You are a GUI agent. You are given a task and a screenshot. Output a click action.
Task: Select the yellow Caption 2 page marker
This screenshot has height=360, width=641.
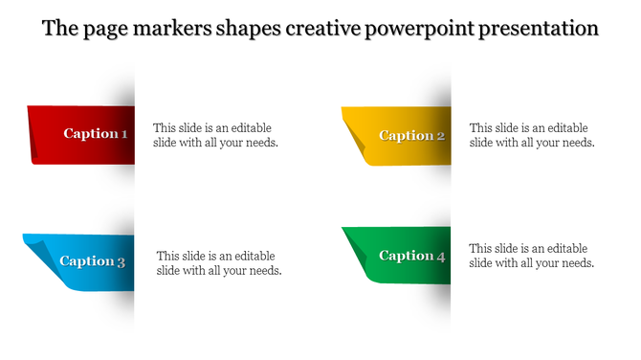coord(397,135)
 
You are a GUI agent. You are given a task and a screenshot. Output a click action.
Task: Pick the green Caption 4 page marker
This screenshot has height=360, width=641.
coord(397,255)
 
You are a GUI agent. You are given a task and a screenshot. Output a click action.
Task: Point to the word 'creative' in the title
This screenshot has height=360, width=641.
coord(324,29)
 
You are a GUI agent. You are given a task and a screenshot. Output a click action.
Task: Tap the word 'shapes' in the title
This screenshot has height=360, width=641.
coord(248,29)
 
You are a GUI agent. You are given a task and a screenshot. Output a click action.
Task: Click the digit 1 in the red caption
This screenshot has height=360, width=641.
coord(124,134)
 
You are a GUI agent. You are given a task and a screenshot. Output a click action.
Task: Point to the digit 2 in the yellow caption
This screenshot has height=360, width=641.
coord(441,136)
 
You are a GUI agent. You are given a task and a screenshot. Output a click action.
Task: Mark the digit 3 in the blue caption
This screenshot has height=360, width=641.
coord(121,261)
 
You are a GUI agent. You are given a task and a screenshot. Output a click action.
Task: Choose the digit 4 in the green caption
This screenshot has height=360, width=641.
coord(441,257)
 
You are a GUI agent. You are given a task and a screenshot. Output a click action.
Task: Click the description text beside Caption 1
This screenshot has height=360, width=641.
coord(215,135)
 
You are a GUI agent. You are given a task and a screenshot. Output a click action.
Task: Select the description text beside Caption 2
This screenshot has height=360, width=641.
coord(532,135)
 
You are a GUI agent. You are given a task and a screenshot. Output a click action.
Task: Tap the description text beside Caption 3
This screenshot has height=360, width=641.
coord(219,262)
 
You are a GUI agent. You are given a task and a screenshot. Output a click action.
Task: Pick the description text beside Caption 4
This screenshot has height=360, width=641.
coord(532,255)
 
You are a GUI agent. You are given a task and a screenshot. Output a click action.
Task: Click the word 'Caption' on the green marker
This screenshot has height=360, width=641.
coord(406,256)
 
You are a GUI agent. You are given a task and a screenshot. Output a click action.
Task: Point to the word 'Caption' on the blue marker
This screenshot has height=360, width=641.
coord(86,261)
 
